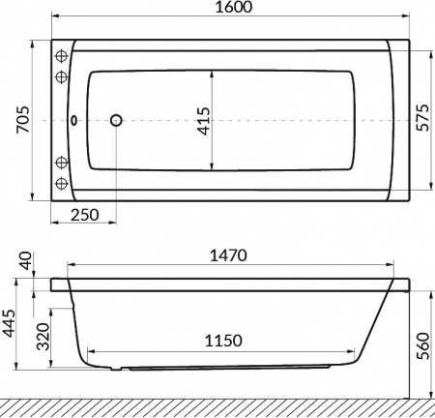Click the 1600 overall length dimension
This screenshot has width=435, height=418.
234,7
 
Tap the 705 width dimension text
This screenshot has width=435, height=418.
23,119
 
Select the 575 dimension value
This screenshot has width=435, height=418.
422,117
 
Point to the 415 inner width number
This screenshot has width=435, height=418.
204,121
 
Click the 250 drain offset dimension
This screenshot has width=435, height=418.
85,215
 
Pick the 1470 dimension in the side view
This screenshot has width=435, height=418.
228,255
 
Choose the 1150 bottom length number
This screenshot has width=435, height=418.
223,341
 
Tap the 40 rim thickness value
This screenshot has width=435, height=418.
26,260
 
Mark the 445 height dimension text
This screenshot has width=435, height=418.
9,323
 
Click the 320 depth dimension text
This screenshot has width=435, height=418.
43,337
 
